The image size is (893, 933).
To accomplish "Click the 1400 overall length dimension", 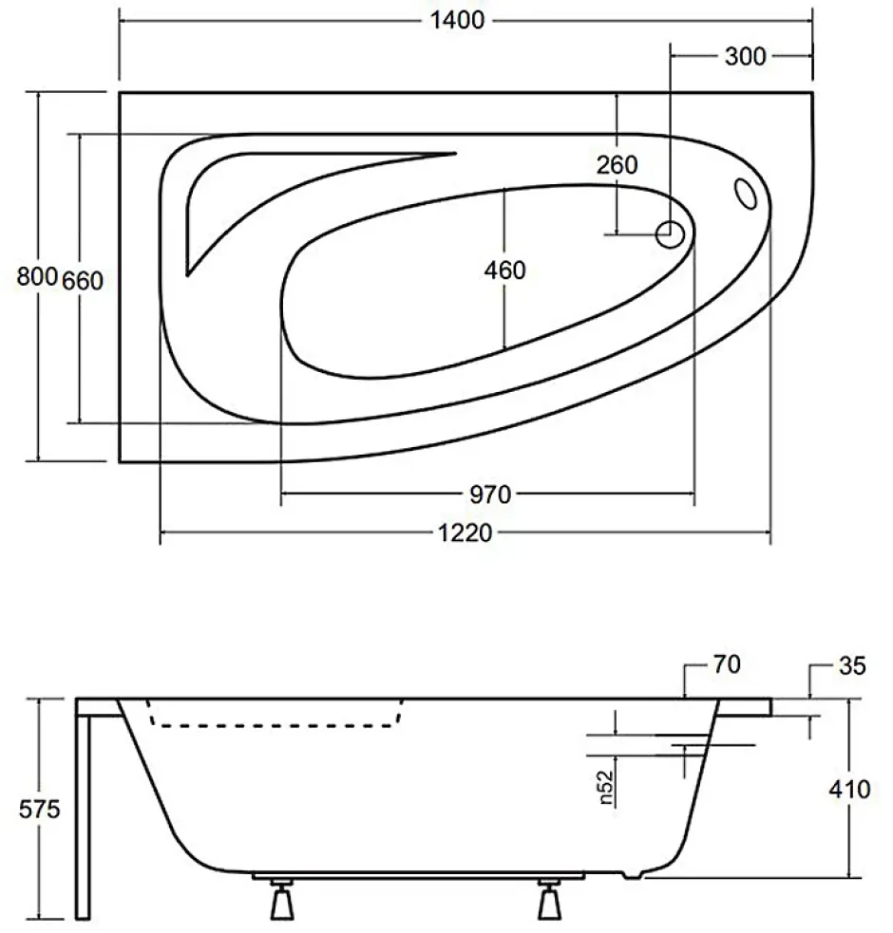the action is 457,20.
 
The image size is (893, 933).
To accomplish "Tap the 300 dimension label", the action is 745,57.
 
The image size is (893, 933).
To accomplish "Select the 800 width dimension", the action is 37,277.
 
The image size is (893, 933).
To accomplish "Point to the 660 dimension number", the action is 83,280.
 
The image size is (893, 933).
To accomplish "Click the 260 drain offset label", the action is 617,165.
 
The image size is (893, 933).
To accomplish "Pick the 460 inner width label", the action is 504,271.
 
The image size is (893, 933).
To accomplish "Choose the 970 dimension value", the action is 490,494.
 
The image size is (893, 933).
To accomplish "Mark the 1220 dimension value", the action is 465,533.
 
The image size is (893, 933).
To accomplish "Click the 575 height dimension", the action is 39,810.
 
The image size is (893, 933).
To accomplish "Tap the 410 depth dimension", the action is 849,790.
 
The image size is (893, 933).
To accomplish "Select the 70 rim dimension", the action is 727,664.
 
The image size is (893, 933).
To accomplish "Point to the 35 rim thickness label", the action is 852,666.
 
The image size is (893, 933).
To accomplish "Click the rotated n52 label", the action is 605,787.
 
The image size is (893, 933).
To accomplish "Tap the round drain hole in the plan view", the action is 670,234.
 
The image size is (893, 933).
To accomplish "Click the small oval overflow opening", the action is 746,194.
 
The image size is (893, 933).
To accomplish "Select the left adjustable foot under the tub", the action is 282,899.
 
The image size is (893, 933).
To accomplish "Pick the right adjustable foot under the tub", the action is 549,899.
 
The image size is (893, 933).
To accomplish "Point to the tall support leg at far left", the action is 83,816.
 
